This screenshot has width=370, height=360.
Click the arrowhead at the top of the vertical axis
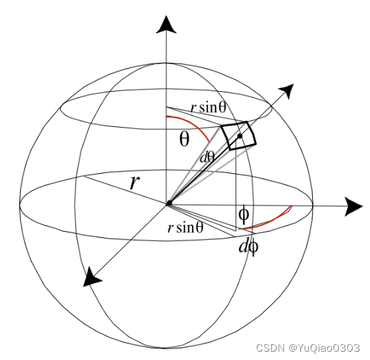click(x=166, y=25)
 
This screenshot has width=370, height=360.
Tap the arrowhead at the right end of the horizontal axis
click(x=353, y=206)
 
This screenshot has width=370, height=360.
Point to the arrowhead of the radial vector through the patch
click(x=286, y=90)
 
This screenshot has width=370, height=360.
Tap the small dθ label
click(x=206, y=157)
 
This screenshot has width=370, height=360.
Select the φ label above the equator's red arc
click(x=244, y=213)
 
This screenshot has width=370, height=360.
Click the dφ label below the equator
click(x=248, y=245)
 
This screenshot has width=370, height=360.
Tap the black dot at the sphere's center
click(x=168, y=203)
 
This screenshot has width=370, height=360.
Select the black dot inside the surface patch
click(x=239, y=137)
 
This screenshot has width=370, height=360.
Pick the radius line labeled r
click(x=124, y=190)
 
